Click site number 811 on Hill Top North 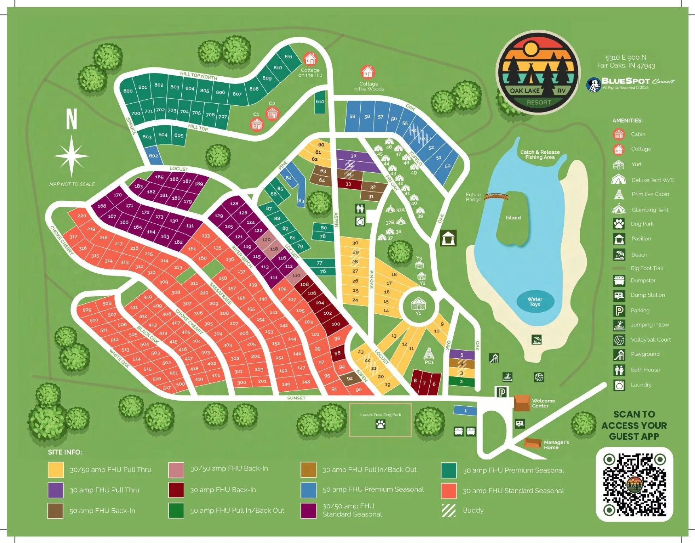tap(288, 57)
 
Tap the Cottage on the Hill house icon tap(310, 59)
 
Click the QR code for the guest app tap(634, 484)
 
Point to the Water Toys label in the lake tap(535, 301)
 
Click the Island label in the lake tap(513, 218)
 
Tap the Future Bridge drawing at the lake tap(496, 196)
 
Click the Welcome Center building tap(522, 403)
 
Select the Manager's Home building tap(533, 443)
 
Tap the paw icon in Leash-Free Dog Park tap(380, 424)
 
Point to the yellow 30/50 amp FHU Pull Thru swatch tap(56, 470)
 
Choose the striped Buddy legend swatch tap(449, 510)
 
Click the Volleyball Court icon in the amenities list tap(619, 340)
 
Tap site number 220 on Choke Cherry tap(82, 216)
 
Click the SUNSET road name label tap(296, 398)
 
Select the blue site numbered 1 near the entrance tap(465, 411)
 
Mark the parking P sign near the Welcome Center tap(502, 392)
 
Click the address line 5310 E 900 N tap(626, 58)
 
